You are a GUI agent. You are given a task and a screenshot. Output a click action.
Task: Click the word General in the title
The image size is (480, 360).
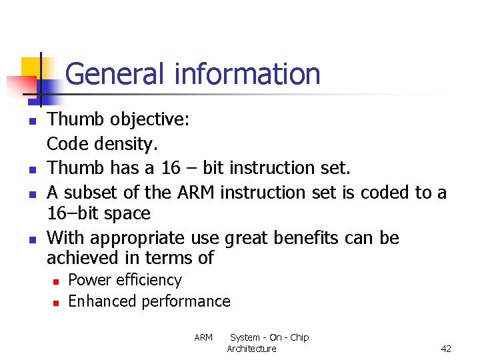(117, 74)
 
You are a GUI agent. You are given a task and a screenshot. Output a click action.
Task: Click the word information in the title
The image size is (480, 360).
(247, 74)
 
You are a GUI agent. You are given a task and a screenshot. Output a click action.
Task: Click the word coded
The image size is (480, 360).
(385, 192)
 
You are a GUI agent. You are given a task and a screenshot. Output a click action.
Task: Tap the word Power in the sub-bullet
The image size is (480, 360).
(90, 280)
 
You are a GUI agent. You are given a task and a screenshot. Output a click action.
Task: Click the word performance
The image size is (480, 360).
(186, 301)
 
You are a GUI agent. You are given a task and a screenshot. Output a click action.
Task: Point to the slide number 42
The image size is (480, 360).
(446, 349)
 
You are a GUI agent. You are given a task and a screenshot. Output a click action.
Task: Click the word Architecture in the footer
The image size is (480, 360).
(251, 349)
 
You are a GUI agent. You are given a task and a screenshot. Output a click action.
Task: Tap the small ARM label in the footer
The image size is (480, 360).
(203, 337)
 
